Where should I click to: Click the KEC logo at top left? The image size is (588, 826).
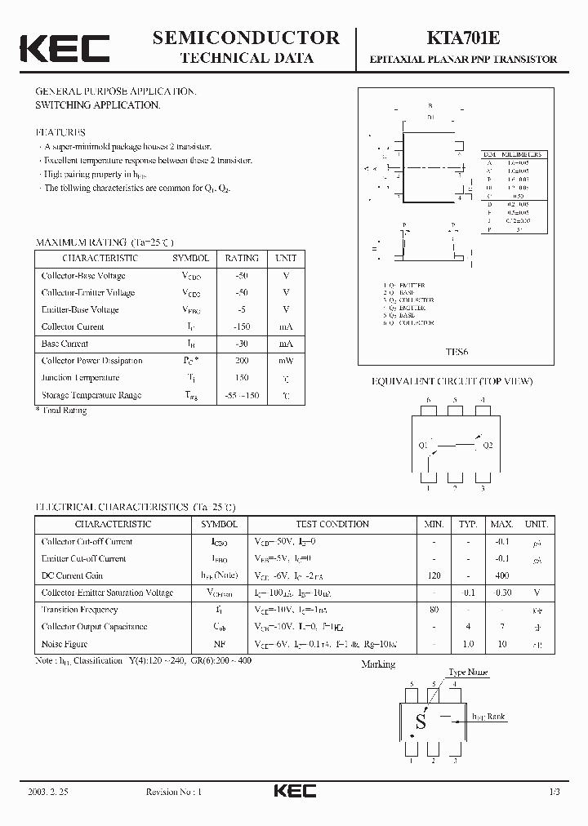[x=65, y=48]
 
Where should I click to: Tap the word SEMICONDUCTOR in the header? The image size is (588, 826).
[x=246, y=37]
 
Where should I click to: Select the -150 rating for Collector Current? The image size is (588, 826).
[x=242, y=326]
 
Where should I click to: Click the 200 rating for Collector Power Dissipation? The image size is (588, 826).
[x=242, y=361]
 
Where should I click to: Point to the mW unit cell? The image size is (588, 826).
[x=286, y=361]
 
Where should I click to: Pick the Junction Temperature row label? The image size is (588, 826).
[x=81, y=378]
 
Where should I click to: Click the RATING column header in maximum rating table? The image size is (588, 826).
[x=242, y=258]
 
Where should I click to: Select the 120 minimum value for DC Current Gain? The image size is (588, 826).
[x=433, y=575]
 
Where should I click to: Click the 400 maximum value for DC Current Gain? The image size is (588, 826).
[x=501, y=575]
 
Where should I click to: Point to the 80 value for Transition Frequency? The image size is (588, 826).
[x=433, y=610]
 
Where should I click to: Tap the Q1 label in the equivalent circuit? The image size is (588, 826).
[x=423, y=446]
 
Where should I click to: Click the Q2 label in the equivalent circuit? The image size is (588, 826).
[x=488, y=446]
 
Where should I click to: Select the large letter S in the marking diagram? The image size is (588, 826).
[x=421, y=722]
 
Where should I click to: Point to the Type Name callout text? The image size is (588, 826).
[x=469, y=673]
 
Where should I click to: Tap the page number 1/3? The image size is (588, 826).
[x=555, y=793]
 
